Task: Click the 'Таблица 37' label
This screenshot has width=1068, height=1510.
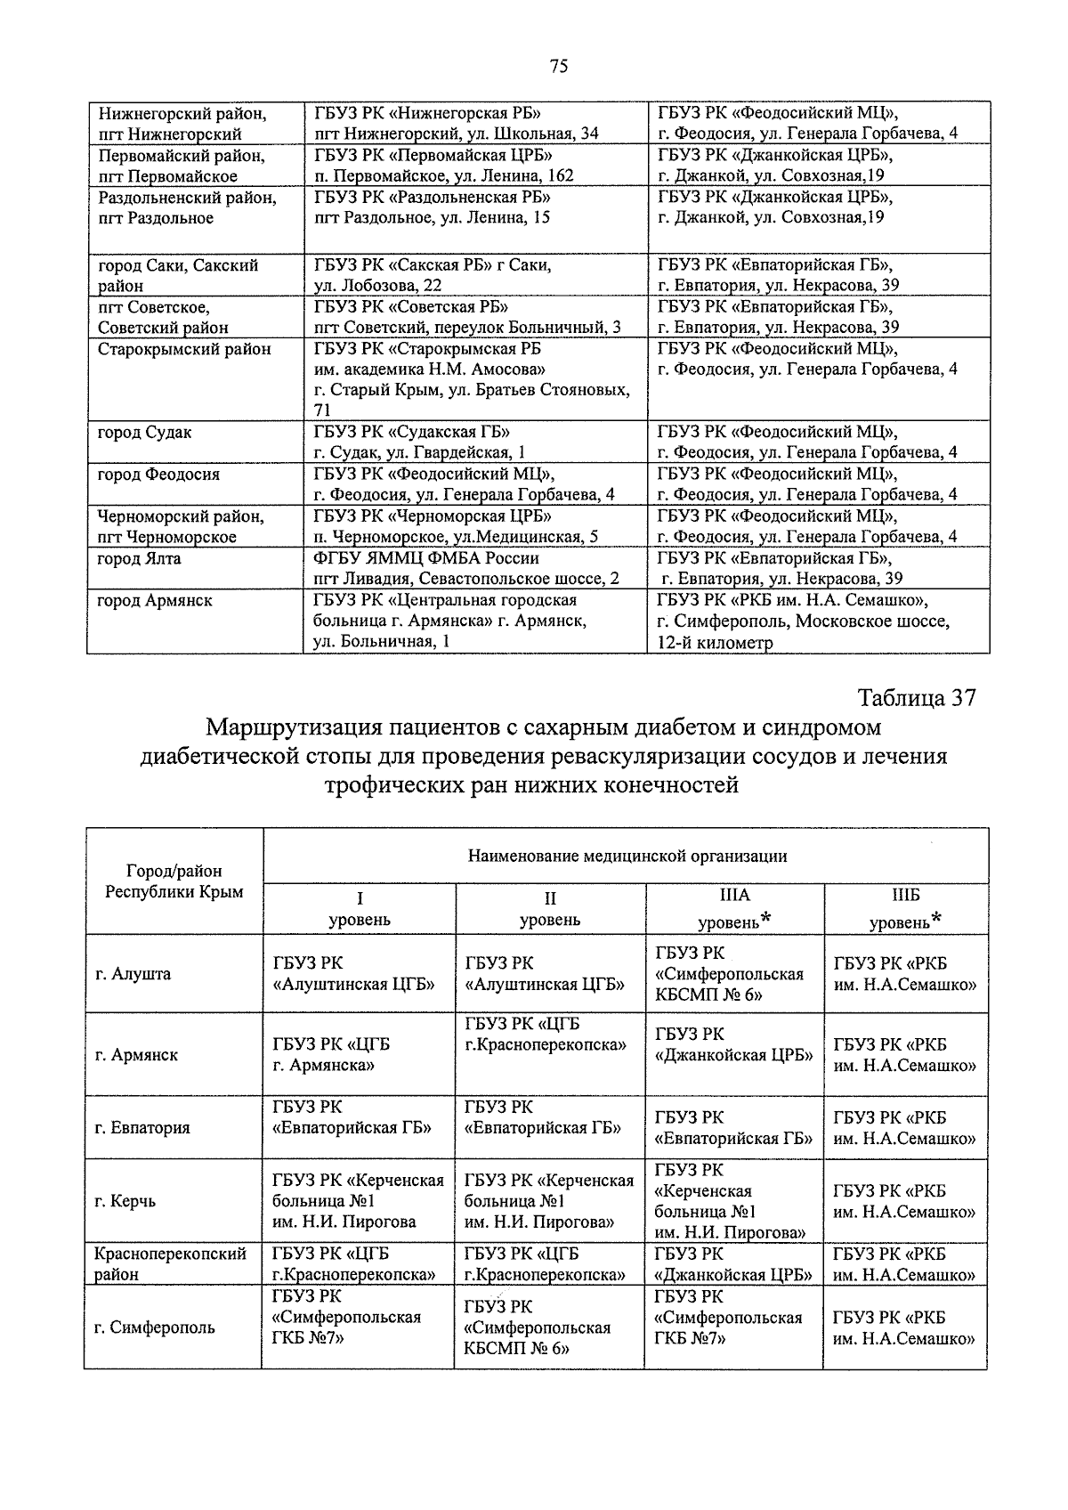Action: point(917,698)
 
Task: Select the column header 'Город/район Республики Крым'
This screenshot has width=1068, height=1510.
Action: point(174,881)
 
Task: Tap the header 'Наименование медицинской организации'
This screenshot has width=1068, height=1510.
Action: point(627,856)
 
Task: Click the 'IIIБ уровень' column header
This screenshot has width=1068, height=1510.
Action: point(905,908)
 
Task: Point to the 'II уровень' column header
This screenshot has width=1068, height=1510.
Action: point(550,908)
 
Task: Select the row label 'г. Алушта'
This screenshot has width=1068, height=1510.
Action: point(133,973)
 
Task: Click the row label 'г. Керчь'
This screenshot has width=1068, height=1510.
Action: point(125,1201)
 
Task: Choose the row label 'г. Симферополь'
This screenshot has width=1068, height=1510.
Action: point(155,1327)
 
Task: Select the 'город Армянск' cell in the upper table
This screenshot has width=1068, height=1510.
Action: point(155,601)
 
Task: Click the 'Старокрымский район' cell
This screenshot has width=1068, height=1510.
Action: point(184,349)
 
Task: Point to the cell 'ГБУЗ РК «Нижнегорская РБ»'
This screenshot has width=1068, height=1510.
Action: point(428,114)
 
